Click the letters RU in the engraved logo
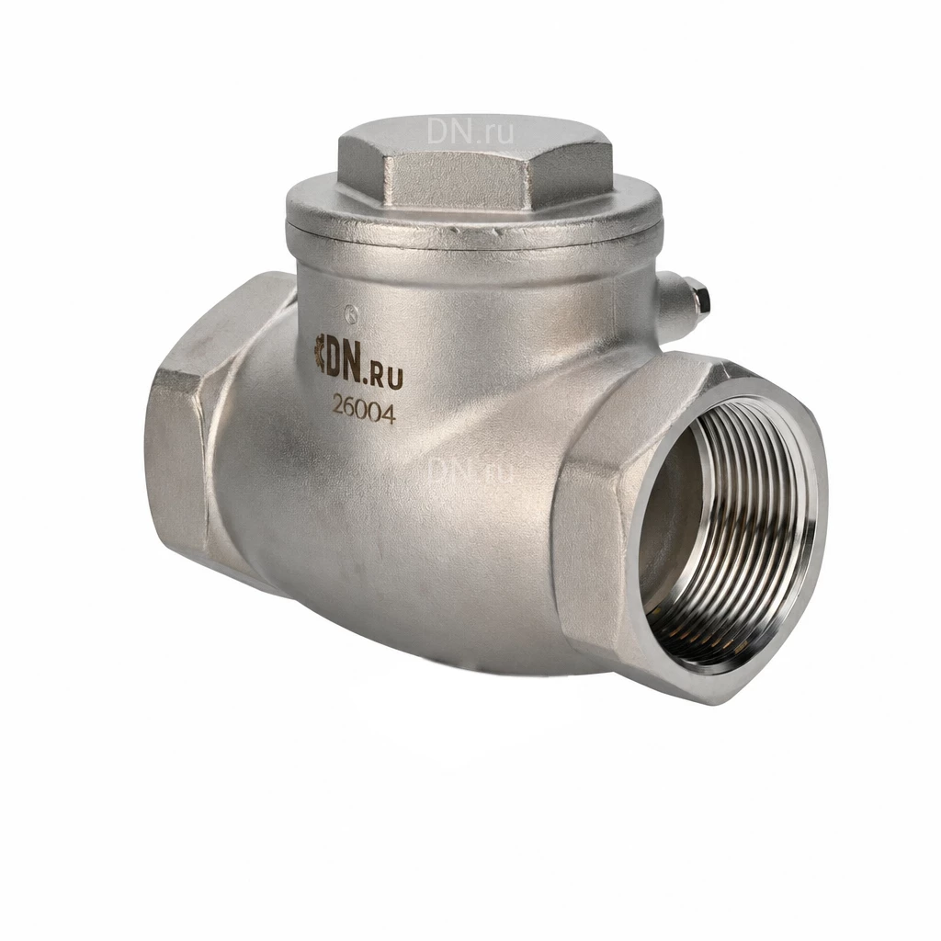(x=388, y=377)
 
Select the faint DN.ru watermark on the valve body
(x=470, y=470)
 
